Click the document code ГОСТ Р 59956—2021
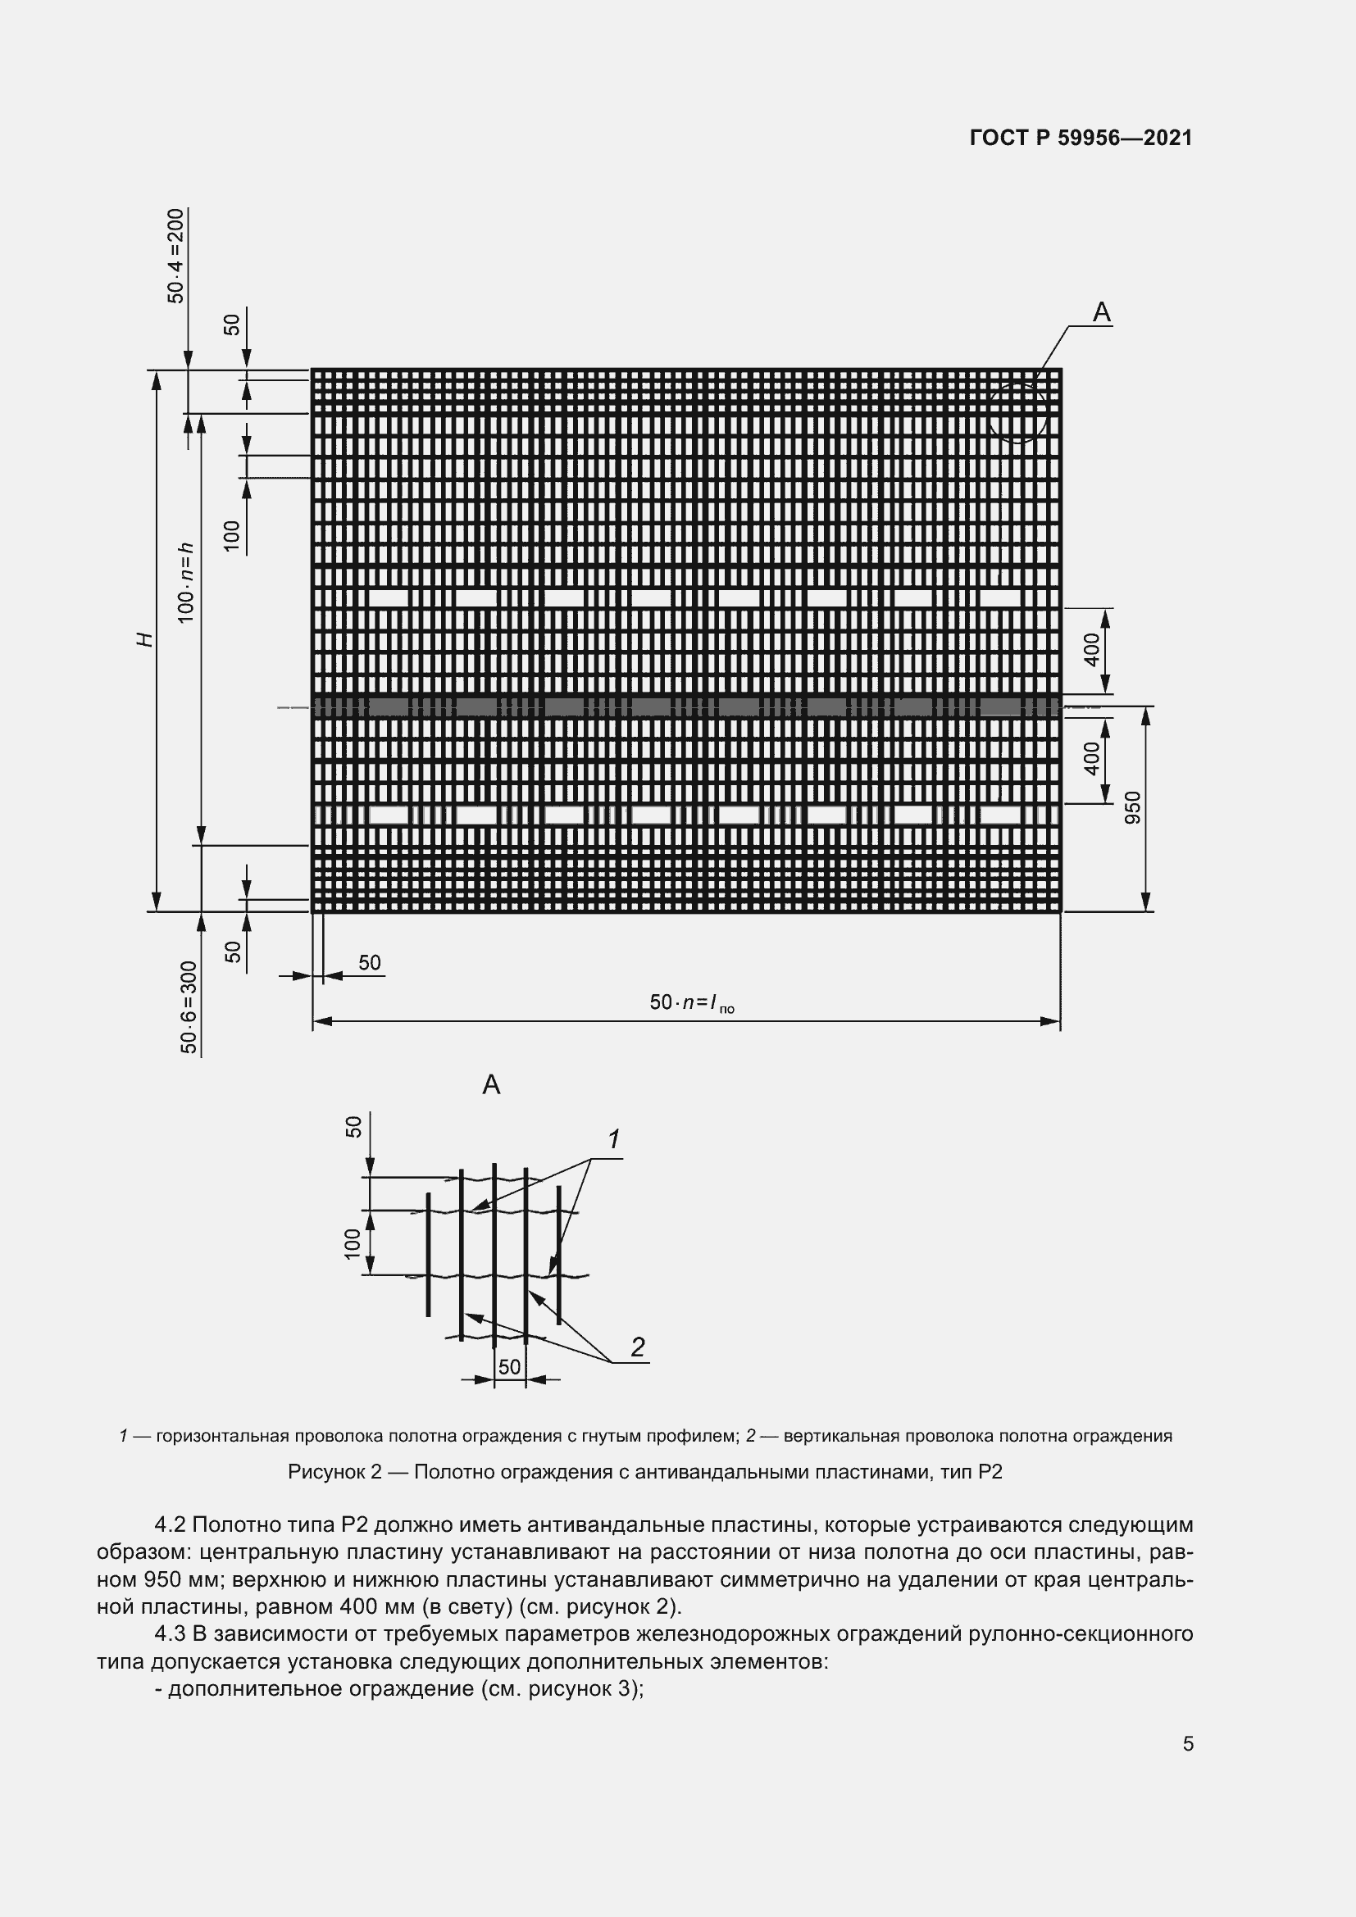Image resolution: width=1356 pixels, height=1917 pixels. click(1081, 138)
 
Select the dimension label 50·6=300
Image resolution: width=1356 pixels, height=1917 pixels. click(189, 1007)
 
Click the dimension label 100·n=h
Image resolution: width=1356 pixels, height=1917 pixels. click(186, 582)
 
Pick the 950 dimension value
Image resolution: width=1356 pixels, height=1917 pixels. click(1132, 807)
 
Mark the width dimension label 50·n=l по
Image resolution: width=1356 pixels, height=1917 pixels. click(691, 1002)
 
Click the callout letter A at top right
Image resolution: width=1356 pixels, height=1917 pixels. click(1101, 312)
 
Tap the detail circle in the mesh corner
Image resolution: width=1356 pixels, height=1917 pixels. click(1016, 411)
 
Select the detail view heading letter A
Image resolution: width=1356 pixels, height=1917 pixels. click(491, 1084)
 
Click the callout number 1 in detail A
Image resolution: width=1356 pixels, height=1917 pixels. click(614, 1139)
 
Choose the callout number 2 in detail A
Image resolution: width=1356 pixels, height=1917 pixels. click(638, 1347)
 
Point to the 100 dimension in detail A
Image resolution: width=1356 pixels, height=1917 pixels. click(353, 1243)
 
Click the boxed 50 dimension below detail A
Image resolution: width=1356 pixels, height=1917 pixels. click(509, 1367)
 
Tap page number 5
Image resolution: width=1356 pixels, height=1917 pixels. click(1187, 1743)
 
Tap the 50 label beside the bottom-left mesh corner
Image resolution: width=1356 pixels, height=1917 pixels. click(370, 963)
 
